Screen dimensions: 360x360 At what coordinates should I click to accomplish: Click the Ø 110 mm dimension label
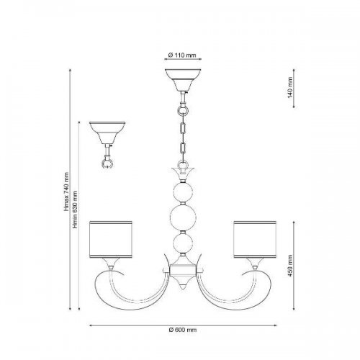(182, 55)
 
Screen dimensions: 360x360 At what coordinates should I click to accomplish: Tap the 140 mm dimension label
(290, 87)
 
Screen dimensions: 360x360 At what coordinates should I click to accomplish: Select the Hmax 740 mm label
(66, 192)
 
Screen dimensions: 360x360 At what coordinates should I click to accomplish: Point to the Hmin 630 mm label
(76, 210)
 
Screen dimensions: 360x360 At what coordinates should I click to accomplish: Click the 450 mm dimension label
(290, 266)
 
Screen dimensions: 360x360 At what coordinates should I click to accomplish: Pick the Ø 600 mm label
(183, 330)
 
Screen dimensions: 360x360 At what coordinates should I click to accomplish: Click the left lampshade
(111, 240)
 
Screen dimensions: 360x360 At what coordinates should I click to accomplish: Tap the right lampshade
(255, 240)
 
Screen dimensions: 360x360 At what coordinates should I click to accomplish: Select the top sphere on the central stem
(183, 192)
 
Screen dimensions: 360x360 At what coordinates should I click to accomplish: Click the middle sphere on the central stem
(183, 217)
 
